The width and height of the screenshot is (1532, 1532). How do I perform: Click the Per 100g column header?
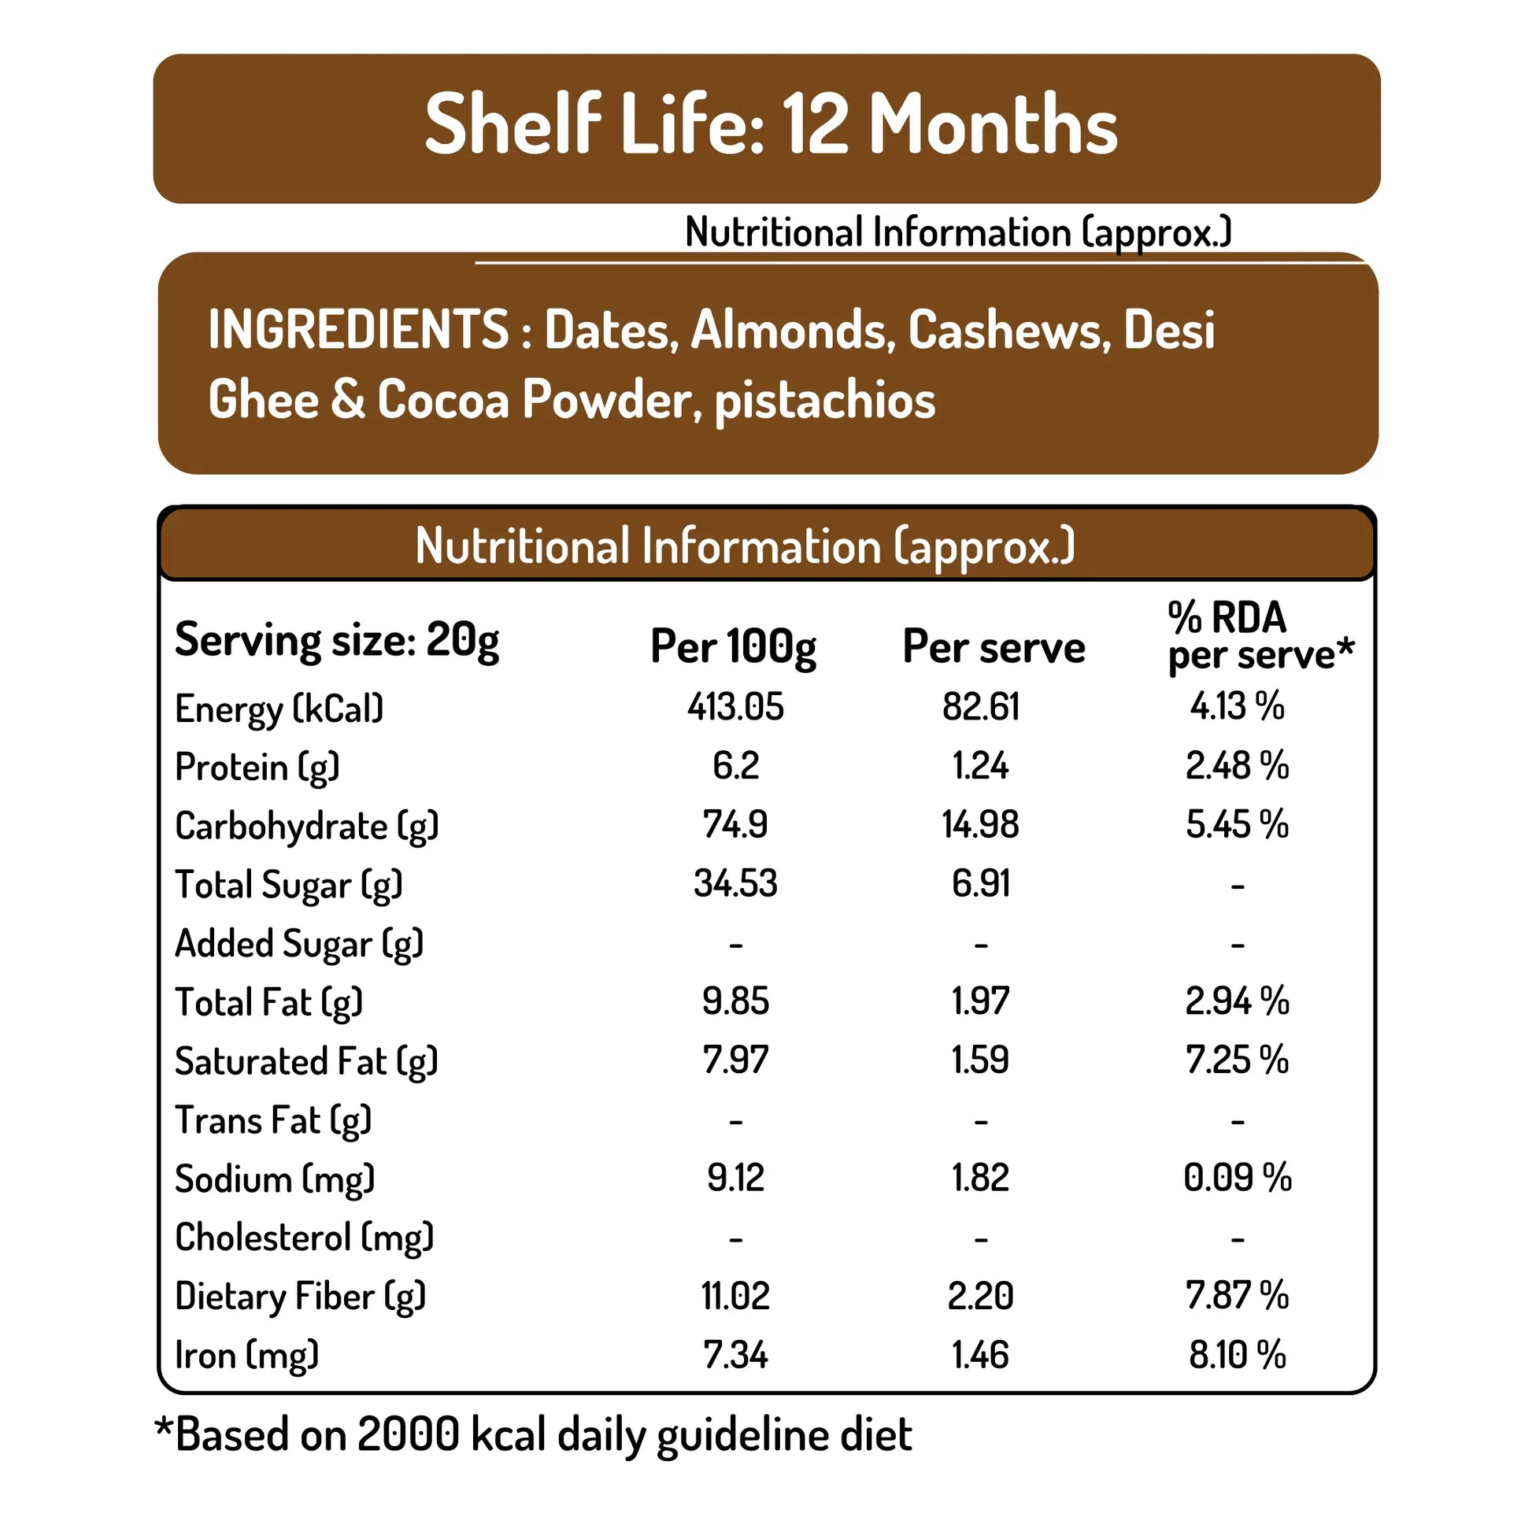tap(733, 647)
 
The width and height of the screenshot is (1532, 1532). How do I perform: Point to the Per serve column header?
tap(993, 647)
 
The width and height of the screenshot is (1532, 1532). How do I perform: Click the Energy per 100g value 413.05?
tap(735, 706)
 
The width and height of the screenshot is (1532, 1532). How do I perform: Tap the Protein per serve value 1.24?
tap(980, 766)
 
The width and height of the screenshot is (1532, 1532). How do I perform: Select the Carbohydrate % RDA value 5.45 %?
tap(1236, 825)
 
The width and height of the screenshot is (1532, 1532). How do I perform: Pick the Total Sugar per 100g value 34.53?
tap(735, 883)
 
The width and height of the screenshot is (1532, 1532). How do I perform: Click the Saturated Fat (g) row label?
tap(306, 1062)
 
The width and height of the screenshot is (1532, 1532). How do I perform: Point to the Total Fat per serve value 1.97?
tap(980, 1001)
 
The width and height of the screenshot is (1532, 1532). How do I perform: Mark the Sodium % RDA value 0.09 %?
tap(1236, 1178)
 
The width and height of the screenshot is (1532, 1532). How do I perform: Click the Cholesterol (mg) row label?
tap(305, 1238)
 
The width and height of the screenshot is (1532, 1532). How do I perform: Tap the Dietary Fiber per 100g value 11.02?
tap(735, 1297)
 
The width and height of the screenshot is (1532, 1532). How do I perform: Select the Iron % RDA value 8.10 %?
tap(1236, 1355)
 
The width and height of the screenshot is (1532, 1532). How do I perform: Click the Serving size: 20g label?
tap(337, 641)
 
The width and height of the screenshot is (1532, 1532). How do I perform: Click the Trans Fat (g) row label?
tap(272, 1120)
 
